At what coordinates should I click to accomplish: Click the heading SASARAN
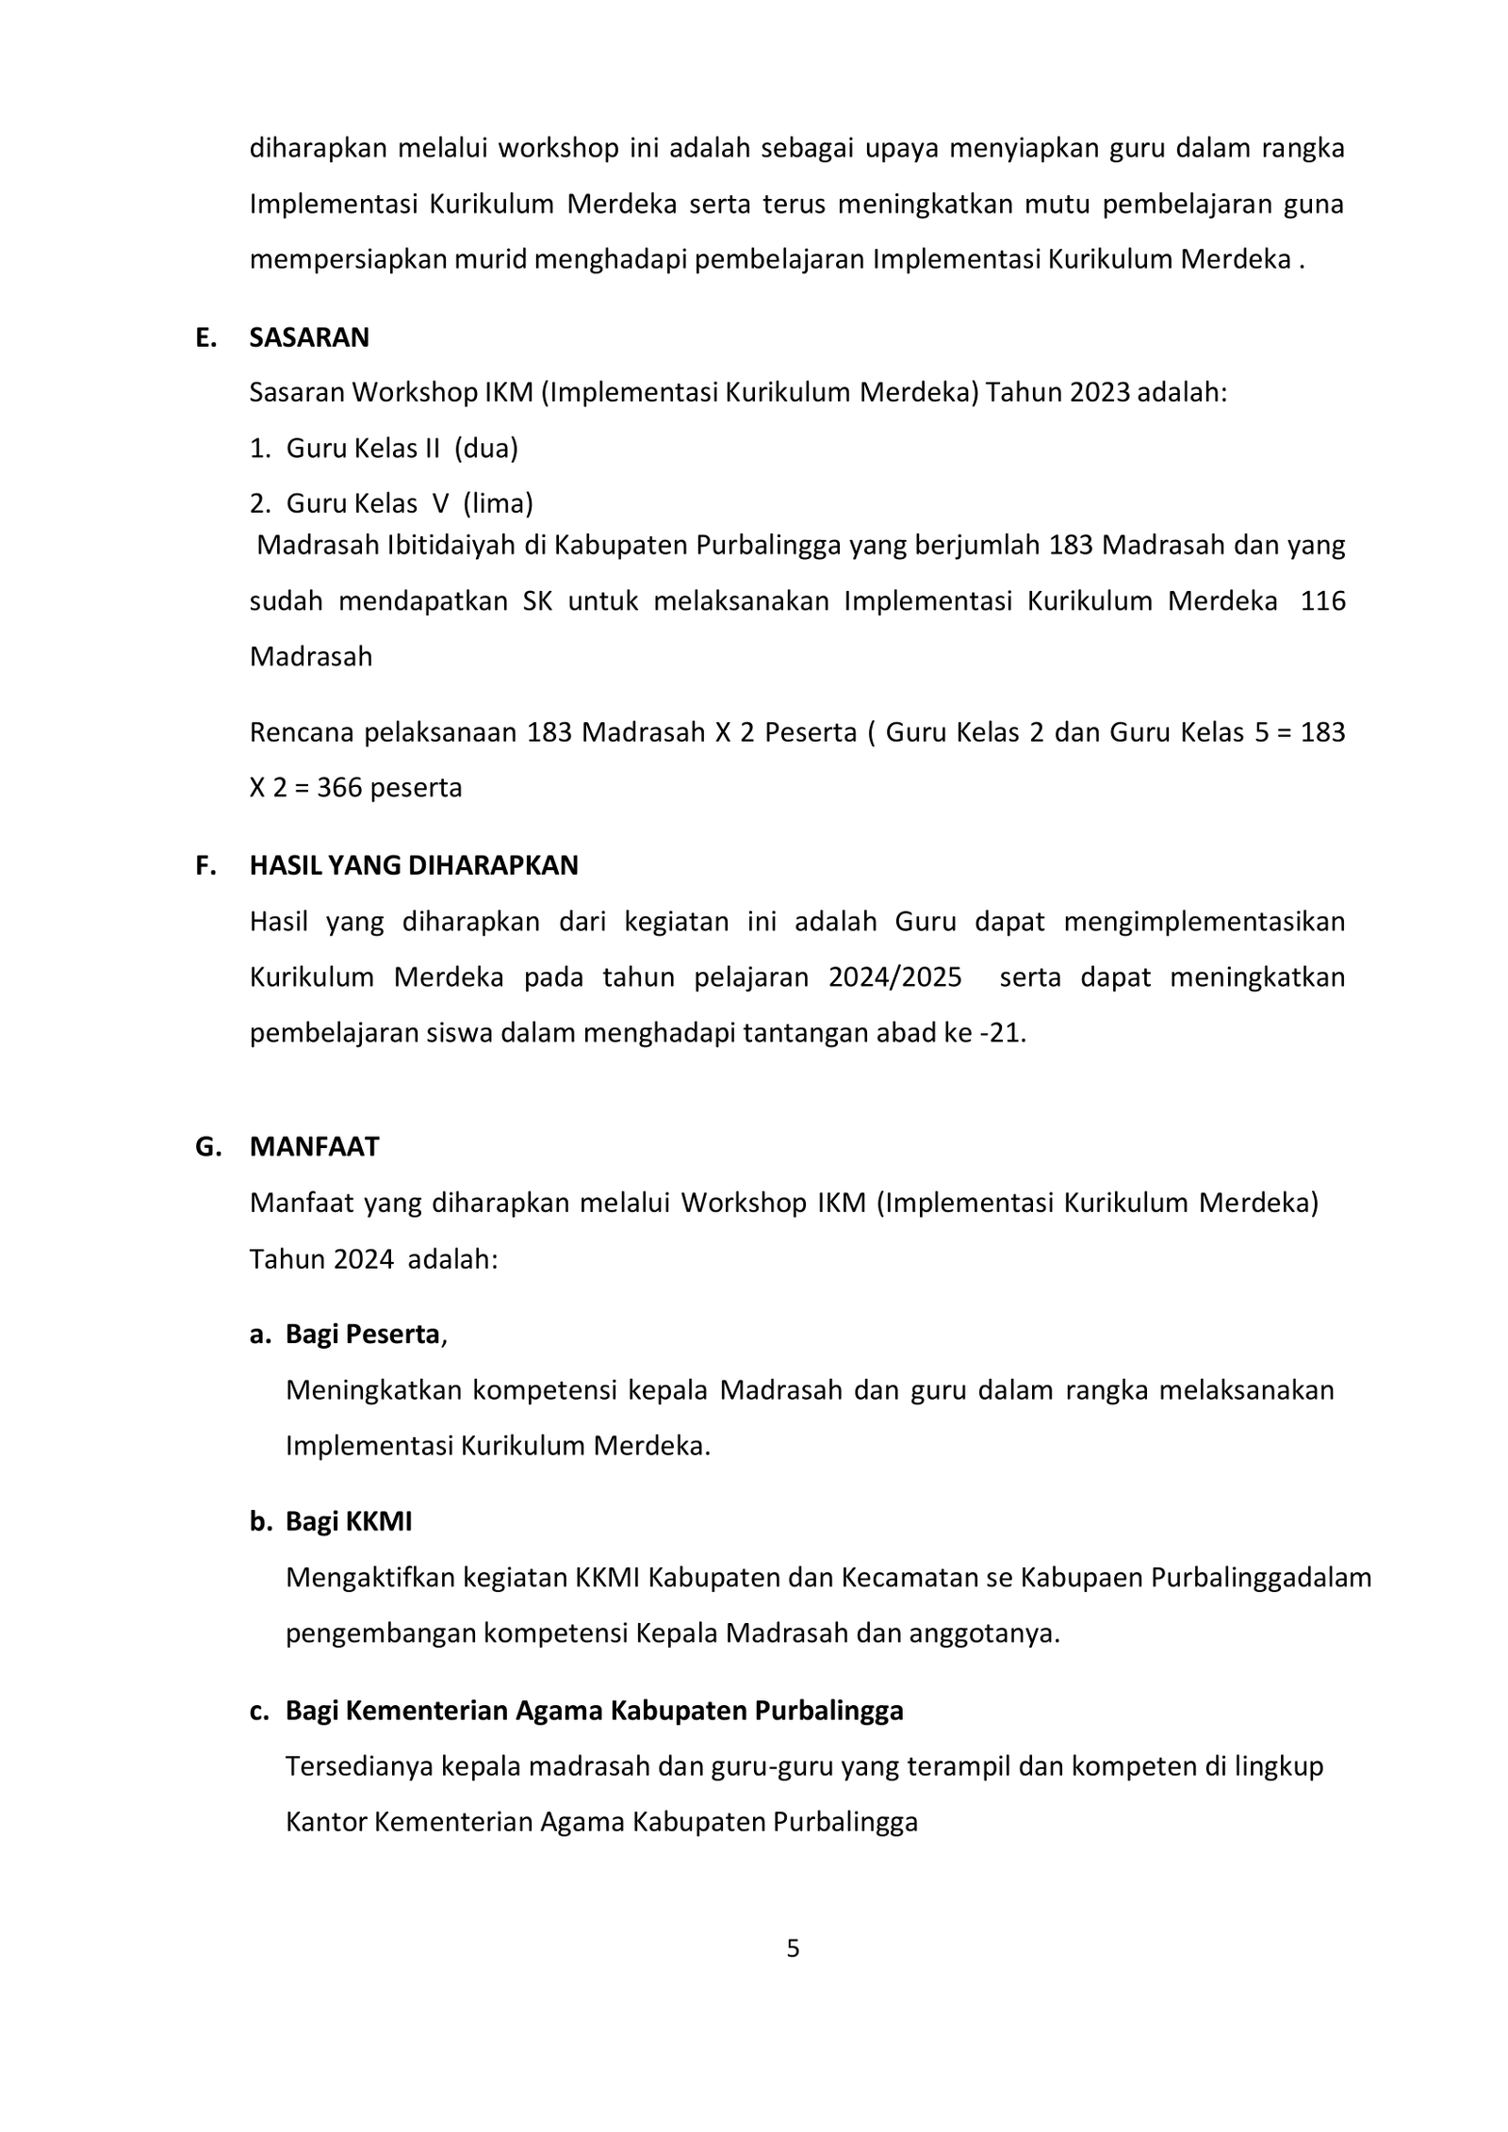308,337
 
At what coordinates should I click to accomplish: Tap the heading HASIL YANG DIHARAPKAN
413,865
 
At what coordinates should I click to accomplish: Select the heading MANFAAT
314,1146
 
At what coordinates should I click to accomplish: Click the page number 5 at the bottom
793,1948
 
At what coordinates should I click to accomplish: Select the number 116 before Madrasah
1322,601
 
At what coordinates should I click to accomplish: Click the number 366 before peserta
339,787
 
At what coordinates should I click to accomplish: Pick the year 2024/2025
894,976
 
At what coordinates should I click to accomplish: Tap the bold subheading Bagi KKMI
349,1521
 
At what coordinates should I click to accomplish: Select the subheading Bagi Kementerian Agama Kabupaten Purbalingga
594,1710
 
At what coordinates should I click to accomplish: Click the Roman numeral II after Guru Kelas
433,448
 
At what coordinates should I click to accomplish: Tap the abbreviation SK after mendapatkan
537,601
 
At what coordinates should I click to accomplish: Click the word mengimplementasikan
1204,921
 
